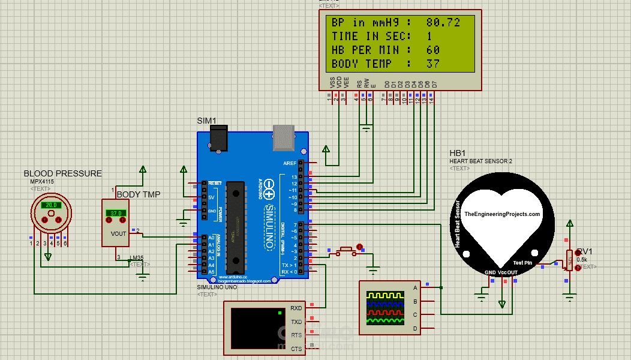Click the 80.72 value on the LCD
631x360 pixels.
click(x=443, y=23)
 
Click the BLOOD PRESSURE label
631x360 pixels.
click(x=62, y=173)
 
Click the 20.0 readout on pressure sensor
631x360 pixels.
click(x=51, y=205)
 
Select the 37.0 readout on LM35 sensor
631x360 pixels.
click(x=115, y=213)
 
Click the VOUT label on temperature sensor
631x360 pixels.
click(x=119, y=233)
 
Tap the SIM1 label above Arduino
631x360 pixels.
click(x=206, y=121)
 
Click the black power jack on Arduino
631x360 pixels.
click(x=219, y=139)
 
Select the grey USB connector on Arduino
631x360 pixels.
click(x=284, y=137)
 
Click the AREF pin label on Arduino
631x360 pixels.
click(x=290, y=163)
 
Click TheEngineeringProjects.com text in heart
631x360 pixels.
click(x=503, y=214)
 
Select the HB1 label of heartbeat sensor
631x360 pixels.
click(x=457, y=153)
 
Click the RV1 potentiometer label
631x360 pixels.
click(x=585, y=252)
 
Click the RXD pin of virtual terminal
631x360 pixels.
click(x=296, y=308)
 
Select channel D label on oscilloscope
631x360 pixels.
click(x=414, y=328)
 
